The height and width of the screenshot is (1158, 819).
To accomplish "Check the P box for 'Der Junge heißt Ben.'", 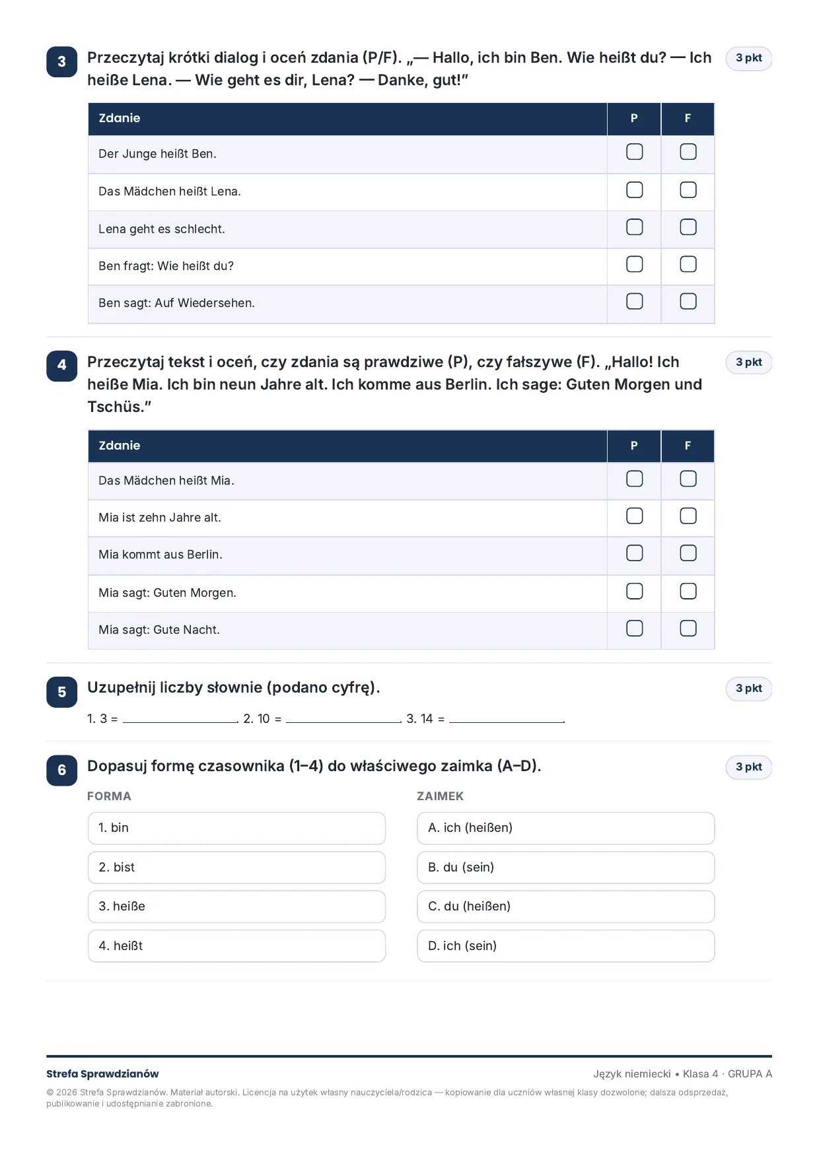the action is click(x=634, y=152).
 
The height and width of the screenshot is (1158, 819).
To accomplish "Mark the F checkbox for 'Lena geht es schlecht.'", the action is click(x=688, y=227).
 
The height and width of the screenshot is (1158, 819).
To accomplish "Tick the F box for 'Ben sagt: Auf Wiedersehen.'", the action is click(x=688, y=301).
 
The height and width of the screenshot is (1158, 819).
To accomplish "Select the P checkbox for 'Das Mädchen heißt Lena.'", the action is click(x=634, y=190).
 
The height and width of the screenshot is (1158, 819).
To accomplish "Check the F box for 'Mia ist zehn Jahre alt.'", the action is click(x=688, y=516).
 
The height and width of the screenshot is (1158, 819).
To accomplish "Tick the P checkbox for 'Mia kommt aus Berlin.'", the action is click(x=634, y=553).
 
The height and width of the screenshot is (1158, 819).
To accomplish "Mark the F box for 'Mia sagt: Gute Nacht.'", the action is click(x=688, y=628).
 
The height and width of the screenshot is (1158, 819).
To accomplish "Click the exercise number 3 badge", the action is click(x=62, y=61).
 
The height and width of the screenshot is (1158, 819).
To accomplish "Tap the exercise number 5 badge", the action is click(x=62, y=692).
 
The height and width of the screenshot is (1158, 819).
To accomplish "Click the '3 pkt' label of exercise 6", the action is click(x=749, y=767).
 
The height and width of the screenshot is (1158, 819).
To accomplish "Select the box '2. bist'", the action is click(x=236, y=868).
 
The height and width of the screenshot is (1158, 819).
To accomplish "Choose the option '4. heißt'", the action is click(x=236, y=946).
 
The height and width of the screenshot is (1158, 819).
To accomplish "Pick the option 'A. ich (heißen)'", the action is click(x=566, y=828).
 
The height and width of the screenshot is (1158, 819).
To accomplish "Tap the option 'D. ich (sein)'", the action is click(x=566, y=946).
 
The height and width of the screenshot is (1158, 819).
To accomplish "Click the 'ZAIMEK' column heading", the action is click(x=441, y=796).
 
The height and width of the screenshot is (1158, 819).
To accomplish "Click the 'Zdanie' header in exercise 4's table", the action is click(x=120, y=446).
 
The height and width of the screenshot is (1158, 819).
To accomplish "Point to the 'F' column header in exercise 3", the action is click(x=688, y=118).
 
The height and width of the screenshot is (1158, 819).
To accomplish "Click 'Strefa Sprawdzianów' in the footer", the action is click(x=102, y=1074).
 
